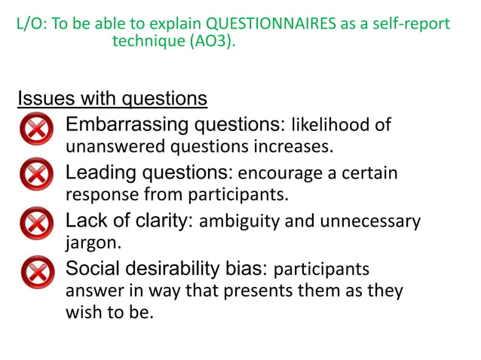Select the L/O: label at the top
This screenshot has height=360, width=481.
click(31, 24)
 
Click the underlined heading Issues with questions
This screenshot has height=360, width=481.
click(112, 99)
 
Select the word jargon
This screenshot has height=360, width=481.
click(88, 244)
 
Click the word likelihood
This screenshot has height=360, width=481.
click(331, 124)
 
